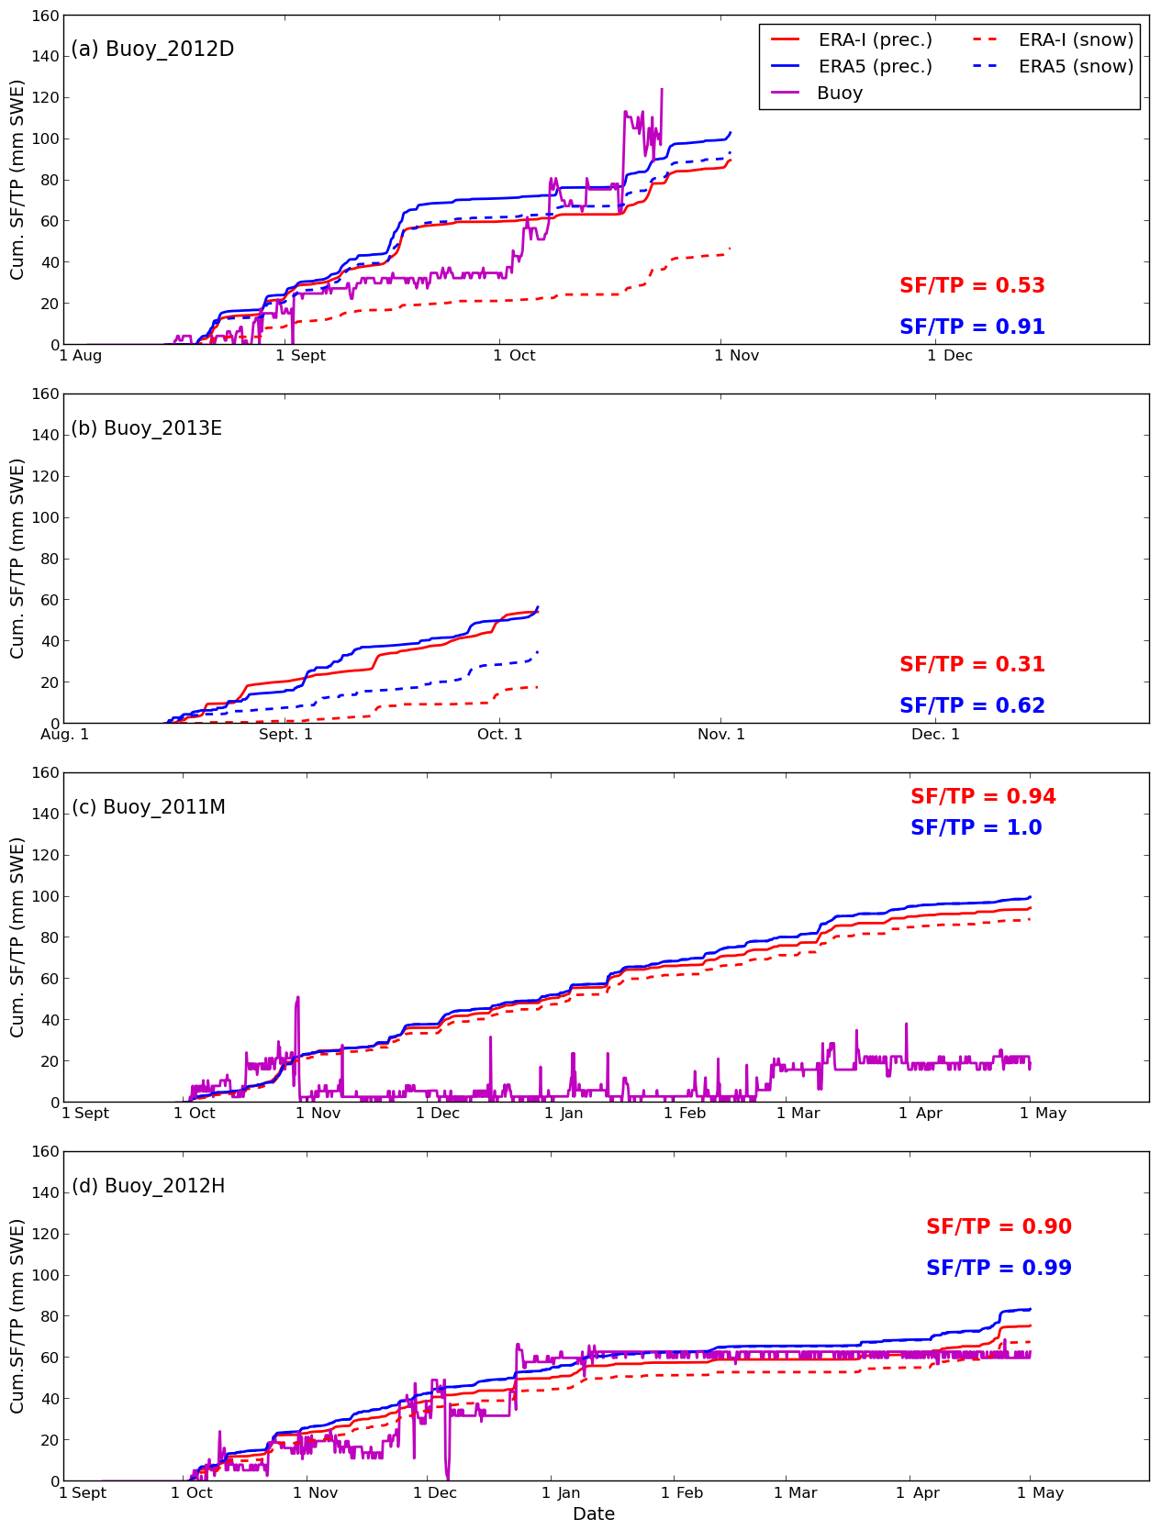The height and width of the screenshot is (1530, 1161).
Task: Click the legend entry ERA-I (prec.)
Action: pyautogui.click(x=875, y=40)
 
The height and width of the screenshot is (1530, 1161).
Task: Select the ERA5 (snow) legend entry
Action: pyautogui.click(x=1076, y=67)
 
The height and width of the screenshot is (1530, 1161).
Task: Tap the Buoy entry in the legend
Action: pyautogui.click(x=839, y=94)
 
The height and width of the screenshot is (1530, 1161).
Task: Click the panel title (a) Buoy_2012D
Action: pyautogui.click(x=152, y=50)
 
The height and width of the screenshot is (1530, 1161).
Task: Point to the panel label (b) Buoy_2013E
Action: pyautogui.click(x=147, y=428)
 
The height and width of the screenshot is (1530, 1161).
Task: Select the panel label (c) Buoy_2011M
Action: pyautogui.click(x=149, y=807)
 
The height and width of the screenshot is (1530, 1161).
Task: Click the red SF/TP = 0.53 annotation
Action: pyautogui.click(x=972, y=286)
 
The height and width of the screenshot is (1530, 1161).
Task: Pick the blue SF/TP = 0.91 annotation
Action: pyautogui.click(x=972, y=327)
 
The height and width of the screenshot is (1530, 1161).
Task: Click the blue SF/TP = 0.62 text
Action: pyautogui.click(x=972, y=706)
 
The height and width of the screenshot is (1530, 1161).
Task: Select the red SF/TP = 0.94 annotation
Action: pyautogui.click(x=983, y=797)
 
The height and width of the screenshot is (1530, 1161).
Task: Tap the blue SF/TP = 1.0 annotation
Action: pyautogui.click(x=976, y=828)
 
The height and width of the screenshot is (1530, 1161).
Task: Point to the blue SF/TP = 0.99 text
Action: pyautogui.click(x=999, y=1269)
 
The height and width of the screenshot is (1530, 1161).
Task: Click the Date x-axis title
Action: pyautogui.click(x=593, y=1514)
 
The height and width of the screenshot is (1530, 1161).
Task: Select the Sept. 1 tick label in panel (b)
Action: pyautogui.click(x=285, y=735)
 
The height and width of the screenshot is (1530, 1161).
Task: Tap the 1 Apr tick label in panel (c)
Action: pyautogui.click(x=920, y=1114)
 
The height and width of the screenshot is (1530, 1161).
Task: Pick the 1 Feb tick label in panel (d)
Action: pyautogui.click(x=682, y=1492)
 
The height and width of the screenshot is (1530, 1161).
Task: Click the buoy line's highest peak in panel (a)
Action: pyautogui.click(x=662, y=90)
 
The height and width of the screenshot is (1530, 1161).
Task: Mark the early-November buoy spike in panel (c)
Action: pyautogui.click(x=297, y=997)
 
